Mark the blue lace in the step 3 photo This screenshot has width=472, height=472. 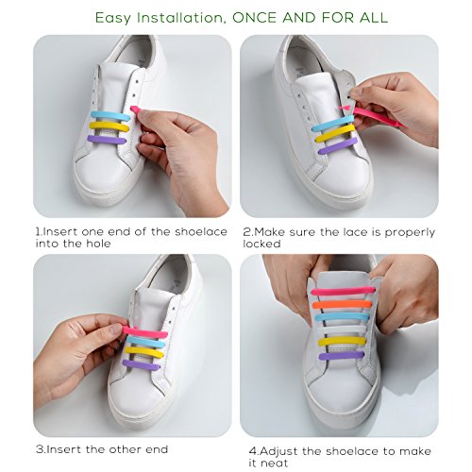click(x=147, y=341)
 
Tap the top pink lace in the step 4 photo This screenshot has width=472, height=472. click(x=342, y=291)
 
